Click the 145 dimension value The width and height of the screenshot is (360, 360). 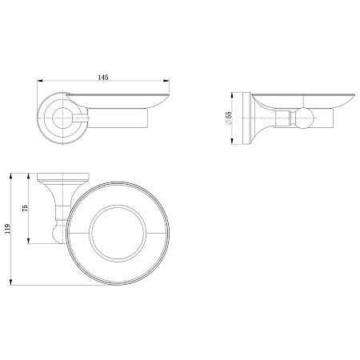[x=103, y=78]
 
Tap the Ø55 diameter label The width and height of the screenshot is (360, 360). [x=228, y=118]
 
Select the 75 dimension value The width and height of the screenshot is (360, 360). [x=25, y=208]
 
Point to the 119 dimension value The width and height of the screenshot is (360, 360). [x=7, y=229]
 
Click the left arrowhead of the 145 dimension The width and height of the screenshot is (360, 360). [x=40, y=80]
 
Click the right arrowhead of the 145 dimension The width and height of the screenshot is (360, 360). [x=166, y=80]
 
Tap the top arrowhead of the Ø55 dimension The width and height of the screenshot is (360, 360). [x=232, y=95]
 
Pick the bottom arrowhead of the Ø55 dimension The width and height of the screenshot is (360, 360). [x=232, y=142]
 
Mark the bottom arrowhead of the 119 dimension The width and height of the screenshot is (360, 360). [x=11, y=282]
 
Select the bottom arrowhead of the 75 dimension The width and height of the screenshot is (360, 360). [x=28, y=241]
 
